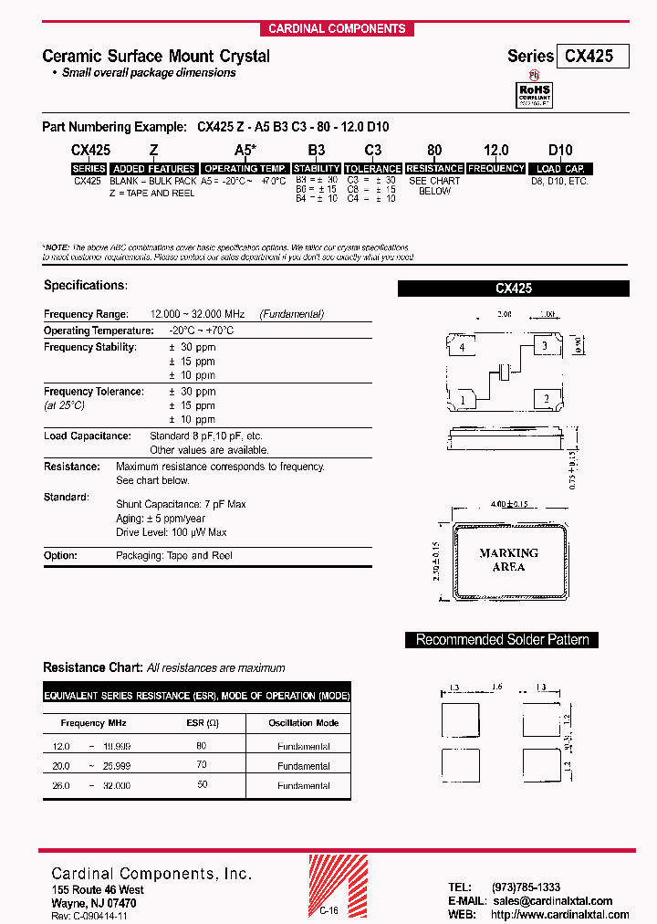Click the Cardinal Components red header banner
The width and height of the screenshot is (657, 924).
(337, 28)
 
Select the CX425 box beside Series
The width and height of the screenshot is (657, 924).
(595, 56)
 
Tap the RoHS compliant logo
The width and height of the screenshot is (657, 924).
(535, 93)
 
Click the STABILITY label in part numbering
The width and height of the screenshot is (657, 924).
(317, 169)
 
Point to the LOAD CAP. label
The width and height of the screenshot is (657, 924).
(560, 169)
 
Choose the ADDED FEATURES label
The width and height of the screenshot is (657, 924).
(153, 169)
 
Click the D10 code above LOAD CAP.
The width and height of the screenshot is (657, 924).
(559, 151)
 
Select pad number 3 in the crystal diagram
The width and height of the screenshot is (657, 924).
(545, 346)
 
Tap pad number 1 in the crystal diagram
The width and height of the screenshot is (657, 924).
(464, 398)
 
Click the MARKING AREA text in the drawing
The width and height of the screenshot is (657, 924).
(508, 560)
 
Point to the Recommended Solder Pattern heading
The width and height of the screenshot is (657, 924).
(502, 640)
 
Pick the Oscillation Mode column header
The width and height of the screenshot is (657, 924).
(303, 722)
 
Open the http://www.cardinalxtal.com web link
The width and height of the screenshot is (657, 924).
(558, 914)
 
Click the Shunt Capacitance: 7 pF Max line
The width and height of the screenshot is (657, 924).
(181, 504)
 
